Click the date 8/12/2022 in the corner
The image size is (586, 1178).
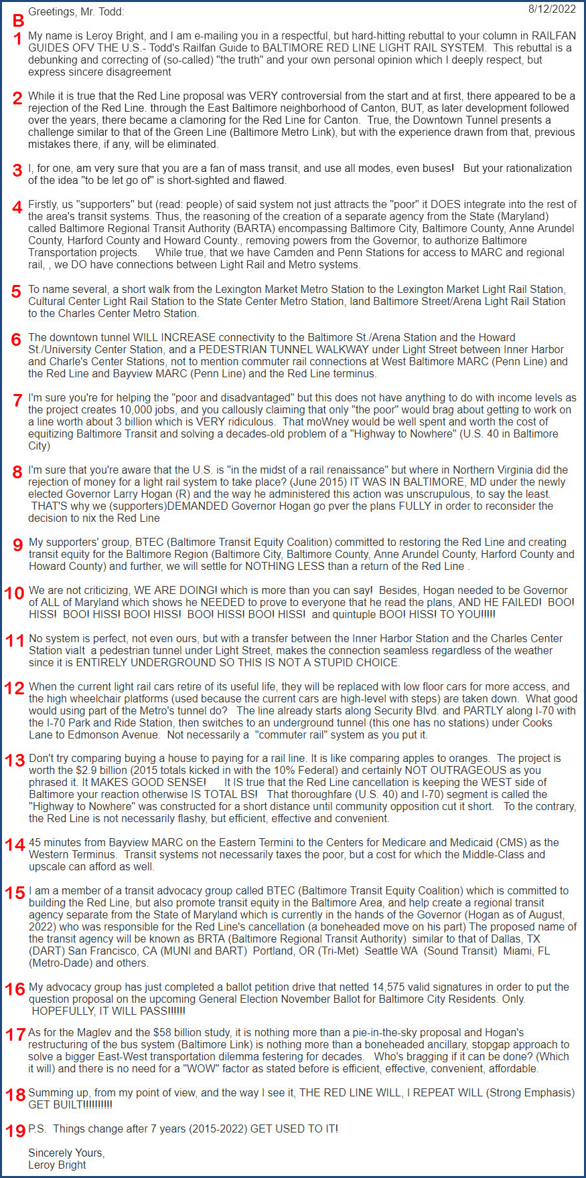pyautogui.click(x=551, y=9)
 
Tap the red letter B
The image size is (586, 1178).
pyautogui.click(x=19, y=21)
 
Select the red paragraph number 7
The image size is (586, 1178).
pyautogui.click(x=18, y=400)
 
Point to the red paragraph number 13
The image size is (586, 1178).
pyautogui.click(x=15, y=761)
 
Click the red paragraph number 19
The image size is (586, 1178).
pyautogui.click(x=15, y=1131)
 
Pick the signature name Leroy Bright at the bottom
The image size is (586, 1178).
pyautogui.click(x=57, y=1165)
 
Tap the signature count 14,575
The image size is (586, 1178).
pyautogui.click(x=391, y=987)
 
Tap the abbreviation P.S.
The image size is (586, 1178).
pyautogui.click(x=37, y=1128)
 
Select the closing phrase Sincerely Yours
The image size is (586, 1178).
pyautogui.click(x=66, y=1153)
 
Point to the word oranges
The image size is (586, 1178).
pyautogui.click(x=471, y=758)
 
